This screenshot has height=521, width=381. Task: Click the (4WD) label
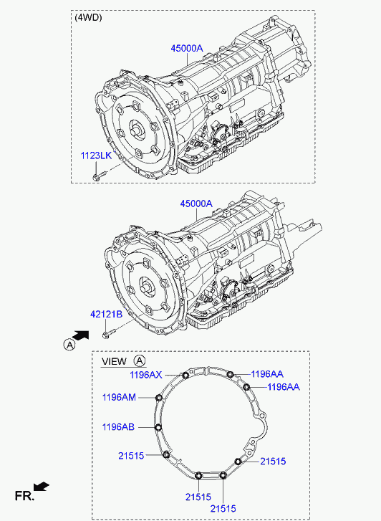pos(88,18)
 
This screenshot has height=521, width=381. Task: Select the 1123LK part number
pos(97,156)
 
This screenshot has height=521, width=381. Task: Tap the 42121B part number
pos(106,314)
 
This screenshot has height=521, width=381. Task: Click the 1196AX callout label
pos(146,375)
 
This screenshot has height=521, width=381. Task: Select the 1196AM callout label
pos(119,397)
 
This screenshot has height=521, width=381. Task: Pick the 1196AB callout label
pos(118,426)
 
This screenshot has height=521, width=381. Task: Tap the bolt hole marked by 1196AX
pos(185,376)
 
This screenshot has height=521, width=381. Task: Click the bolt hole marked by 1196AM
pos(159,398)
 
